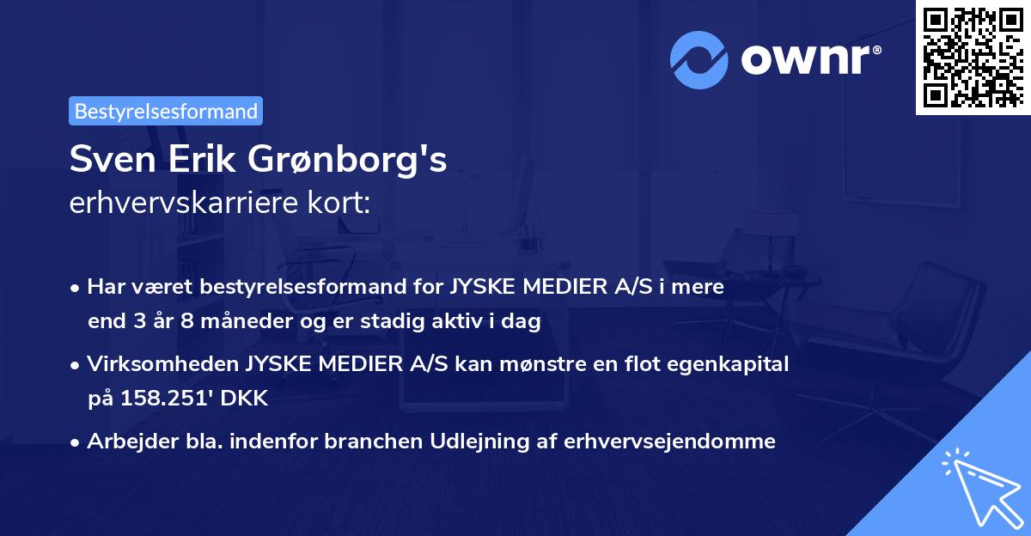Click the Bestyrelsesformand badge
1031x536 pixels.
166,111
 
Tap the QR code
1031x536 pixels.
971,58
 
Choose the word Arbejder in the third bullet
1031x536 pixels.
123,442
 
